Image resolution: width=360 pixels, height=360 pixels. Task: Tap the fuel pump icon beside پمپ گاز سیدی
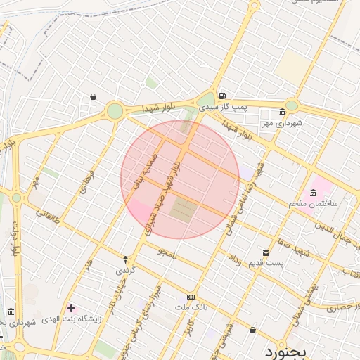tap(222, 96)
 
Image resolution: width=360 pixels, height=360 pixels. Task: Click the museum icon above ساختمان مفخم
tap(313, 193)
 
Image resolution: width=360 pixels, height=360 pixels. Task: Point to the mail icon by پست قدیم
tap(265, 252)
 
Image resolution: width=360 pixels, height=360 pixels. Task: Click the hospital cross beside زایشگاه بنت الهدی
tap(72, 308)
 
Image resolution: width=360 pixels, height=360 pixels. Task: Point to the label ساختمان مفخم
tap(313, 203)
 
